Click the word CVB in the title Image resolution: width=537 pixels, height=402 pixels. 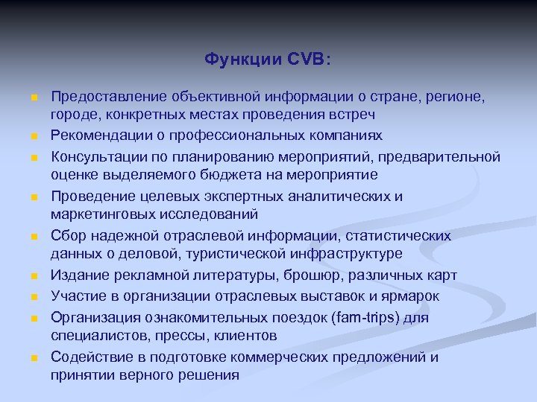[x=307, y=59]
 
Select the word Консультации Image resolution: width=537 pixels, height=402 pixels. [x=95, y=156]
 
